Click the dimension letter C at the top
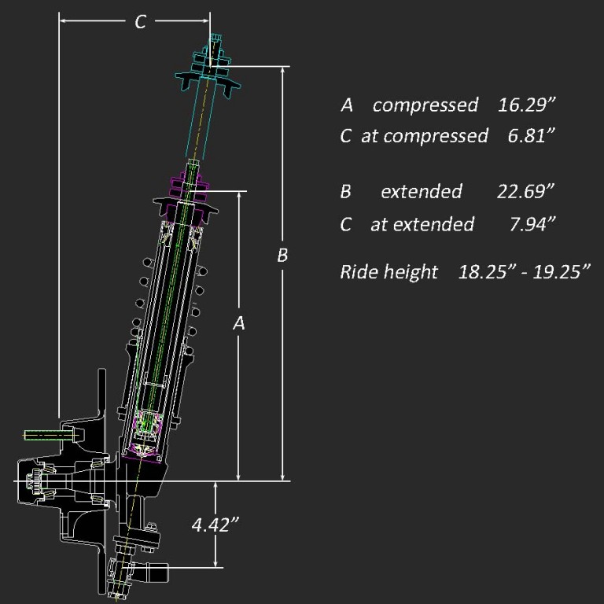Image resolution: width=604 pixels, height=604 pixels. pyautogui.click(x=140, y=22)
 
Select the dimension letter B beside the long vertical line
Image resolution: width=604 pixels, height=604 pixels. pyautogui.click(x=282, y=256)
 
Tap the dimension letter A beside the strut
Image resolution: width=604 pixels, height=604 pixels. pyautogui.click(x=240, y=322)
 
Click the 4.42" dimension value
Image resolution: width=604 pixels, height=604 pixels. pyautogui.click(x=215, y=525)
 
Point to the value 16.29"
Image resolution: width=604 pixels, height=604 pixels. pyautogui.click(x=528, y=105)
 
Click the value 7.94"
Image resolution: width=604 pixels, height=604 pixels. pyautogui.click(x=533, y=224)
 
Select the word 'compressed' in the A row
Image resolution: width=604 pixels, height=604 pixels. pyautogui.click(x=425, y=105)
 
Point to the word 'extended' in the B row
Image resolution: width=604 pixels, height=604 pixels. pyautogui.click(x=421, y=191)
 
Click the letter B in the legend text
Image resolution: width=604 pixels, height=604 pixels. pyautogui.click(x=345, y=191)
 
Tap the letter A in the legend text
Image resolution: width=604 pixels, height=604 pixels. pyautogui.click(x=346, y=105)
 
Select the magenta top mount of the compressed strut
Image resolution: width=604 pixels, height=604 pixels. pyautogui.click(x=189, y=188)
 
